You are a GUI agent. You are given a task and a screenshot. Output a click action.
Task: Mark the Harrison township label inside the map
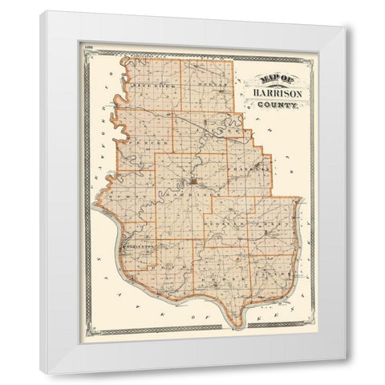tap(194, 194)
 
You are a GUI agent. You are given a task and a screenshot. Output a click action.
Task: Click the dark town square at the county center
tap(192, 180)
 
